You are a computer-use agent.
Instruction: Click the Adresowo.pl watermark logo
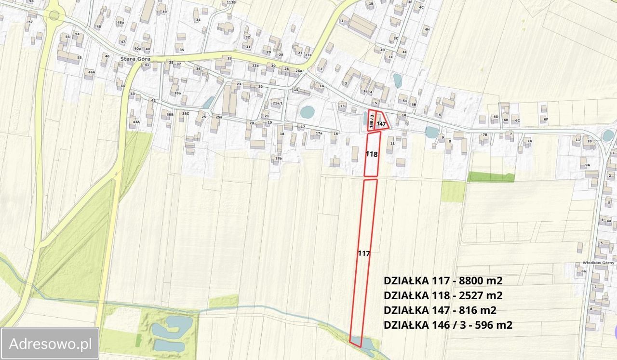(x=50, y=344)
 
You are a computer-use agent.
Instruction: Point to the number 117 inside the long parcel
(x=364, y=253)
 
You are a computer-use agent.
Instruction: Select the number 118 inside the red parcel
(x=371, y=155)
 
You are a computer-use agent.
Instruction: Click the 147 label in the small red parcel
(x=382, y=124)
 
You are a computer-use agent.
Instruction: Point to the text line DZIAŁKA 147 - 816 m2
(x=440, y=310)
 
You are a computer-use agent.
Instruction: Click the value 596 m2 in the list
(x=494, y=325)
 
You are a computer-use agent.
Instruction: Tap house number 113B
(x=231, y=2)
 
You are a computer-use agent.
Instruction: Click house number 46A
(x=90, y=72)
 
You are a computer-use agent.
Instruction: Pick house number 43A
(x=136, y=122)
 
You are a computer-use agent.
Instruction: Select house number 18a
(x=278, y=158)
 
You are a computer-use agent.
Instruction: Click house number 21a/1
(x=277, y=103)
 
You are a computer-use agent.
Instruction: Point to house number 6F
(x=546, y=119)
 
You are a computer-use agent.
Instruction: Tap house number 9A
(x=587, y=165)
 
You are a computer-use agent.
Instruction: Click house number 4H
(x=427, y=29)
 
